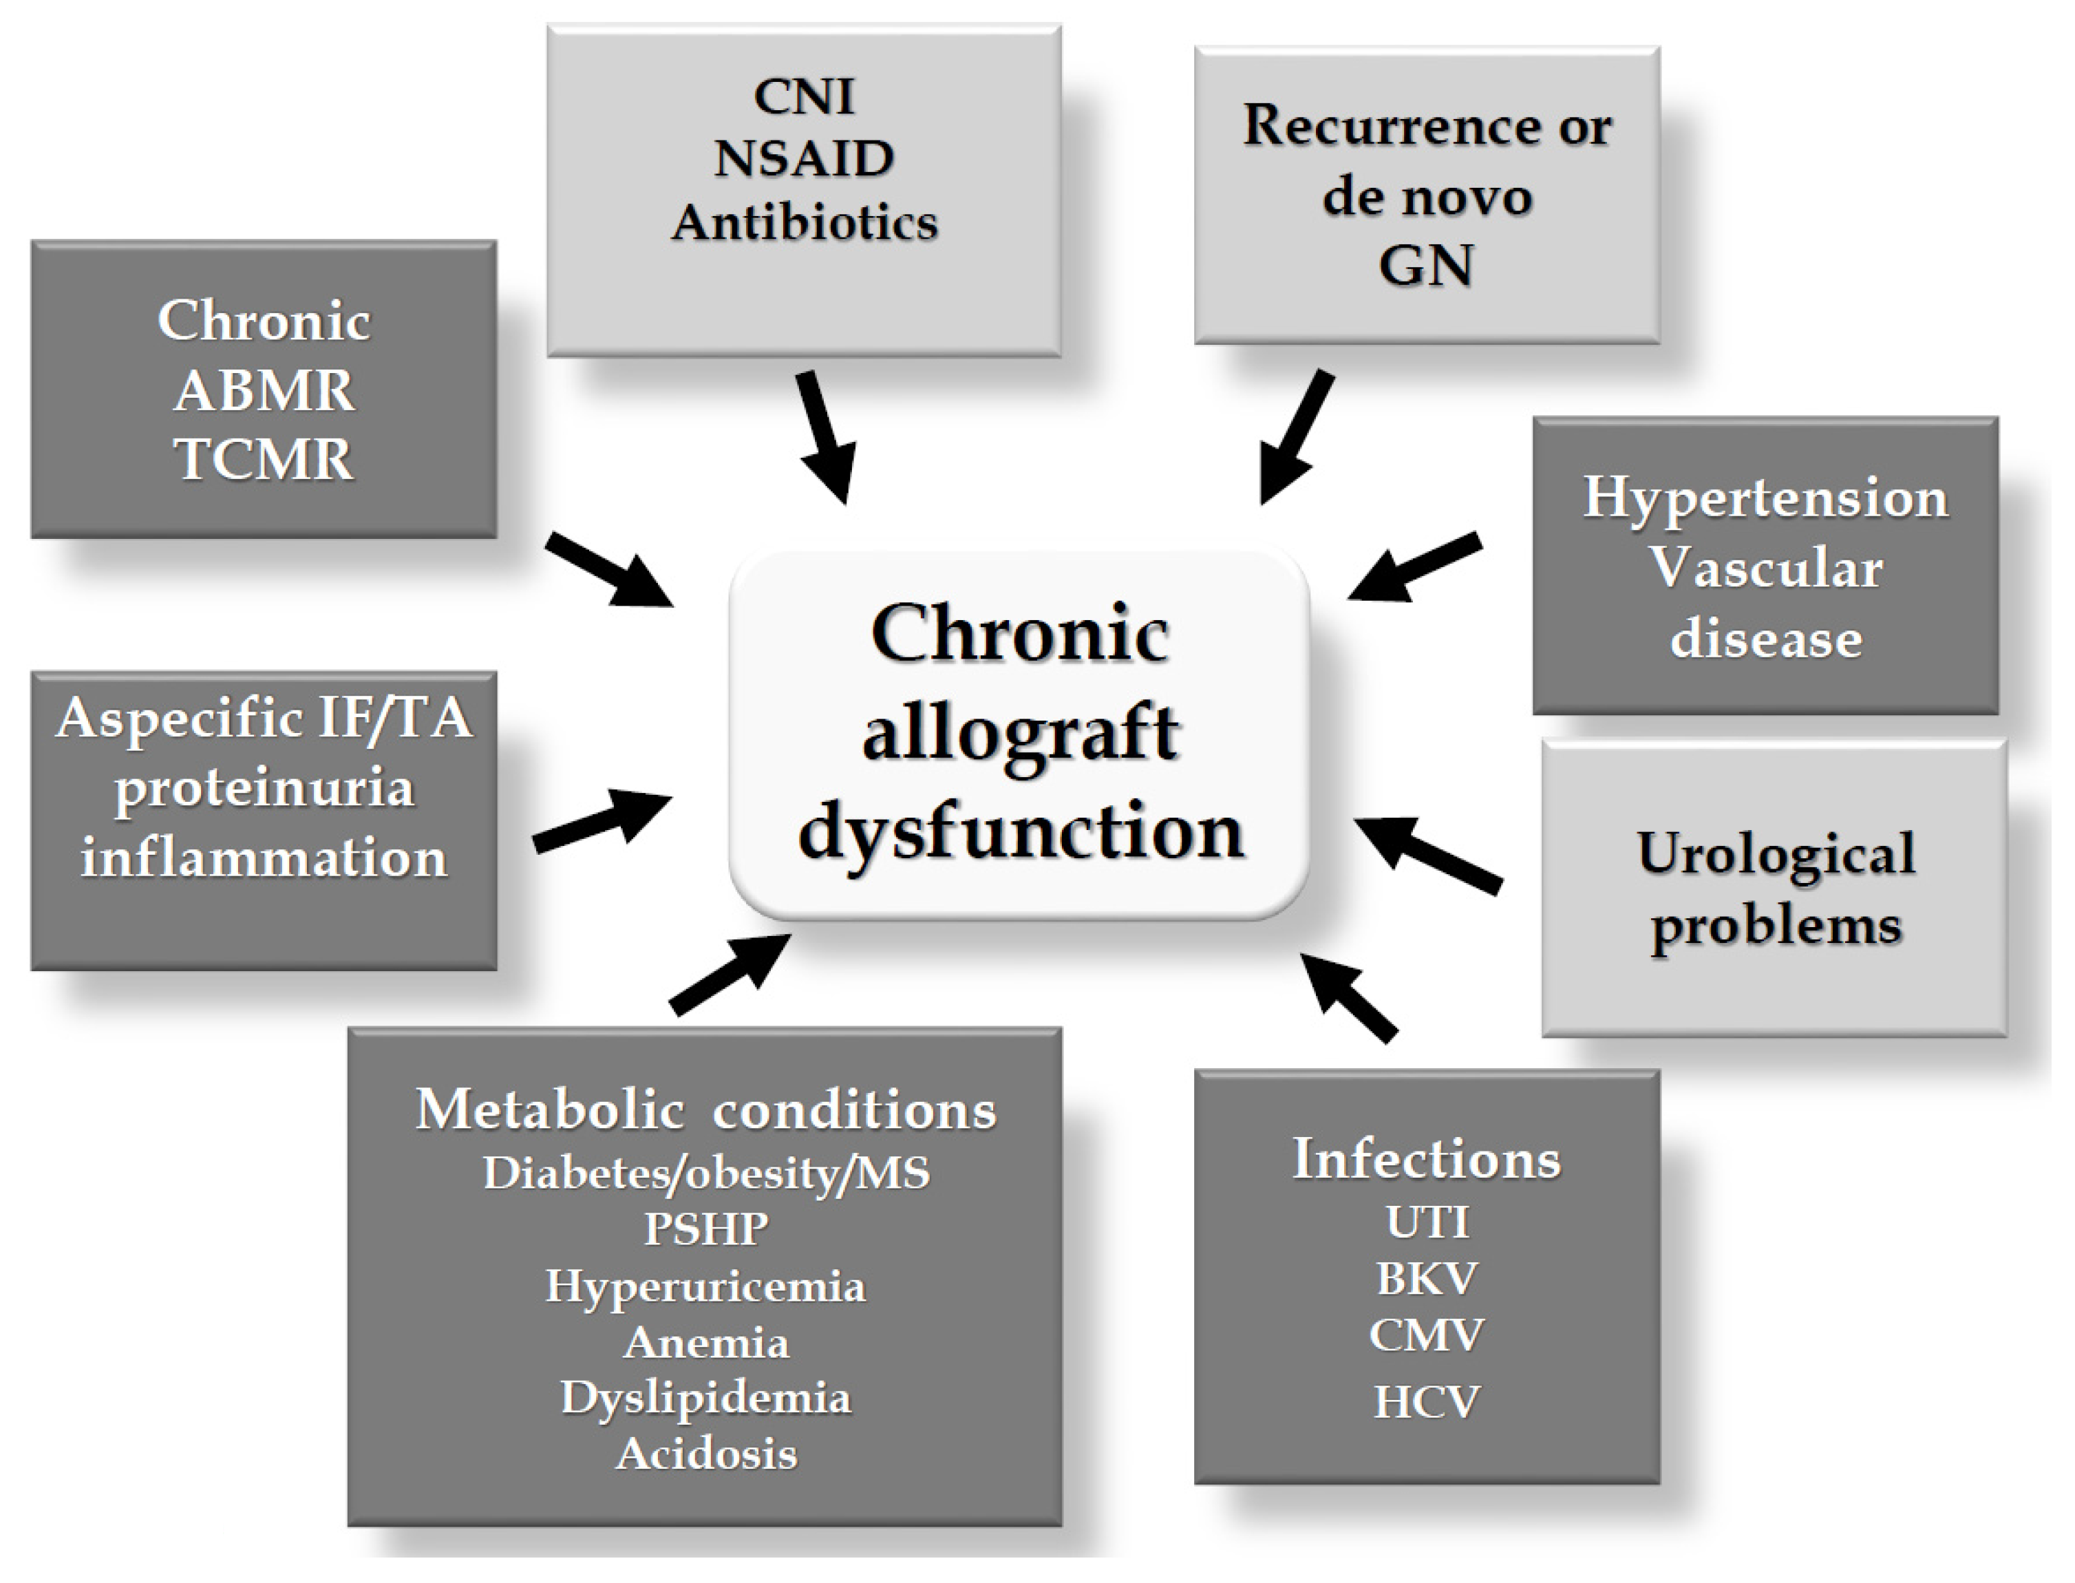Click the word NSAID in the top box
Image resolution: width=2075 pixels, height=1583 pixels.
tap(804, 158)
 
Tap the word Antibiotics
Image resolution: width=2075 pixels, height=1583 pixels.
tap(804, 223)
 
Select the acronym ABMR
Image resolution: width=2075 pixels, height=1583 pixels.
tap(264, 390)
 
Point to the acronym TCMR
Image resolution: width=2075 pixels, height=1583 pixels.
tap(264, 460)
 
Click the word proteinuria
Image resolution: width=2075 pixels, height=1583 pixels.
tap(264, 788)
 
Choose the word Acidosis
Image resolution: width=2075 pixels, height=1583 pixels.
tap(706, 1454)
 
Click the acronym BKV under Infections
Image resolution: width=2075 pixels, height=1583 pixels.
tap(1427, 1279)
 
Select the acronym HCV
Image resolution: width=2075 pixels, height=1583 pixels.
tap(1427, 1402)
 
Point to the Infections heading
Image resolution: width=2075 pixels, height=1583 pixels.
tap(1427, 1158)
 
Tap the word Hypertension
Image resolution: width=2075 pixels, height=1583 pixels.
tap(1765, 498)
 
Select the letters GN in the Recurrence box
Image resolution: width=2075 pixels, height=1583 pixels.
tap(1426, 266)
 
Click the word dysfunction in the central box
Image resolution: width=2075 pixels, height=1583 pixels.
tap(1021, 831)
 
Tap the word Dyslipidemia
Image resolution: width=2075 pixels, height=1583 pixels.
tap(706, 1397)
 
